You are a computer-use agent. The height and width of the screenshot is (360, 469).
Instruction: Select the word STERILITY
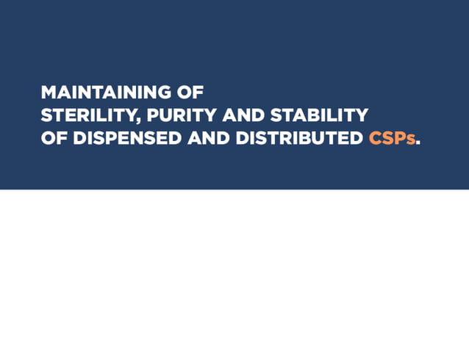pos(85,115)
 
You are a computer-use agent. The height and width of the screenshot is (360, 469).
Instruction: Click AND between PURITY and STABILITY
pos(242,115)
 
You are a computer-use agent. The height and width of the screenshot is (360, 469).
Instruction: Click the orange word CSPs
pos(392,138)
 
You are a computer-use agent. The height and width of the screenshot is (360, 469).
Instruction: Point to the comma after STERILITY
pos(132,120)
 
